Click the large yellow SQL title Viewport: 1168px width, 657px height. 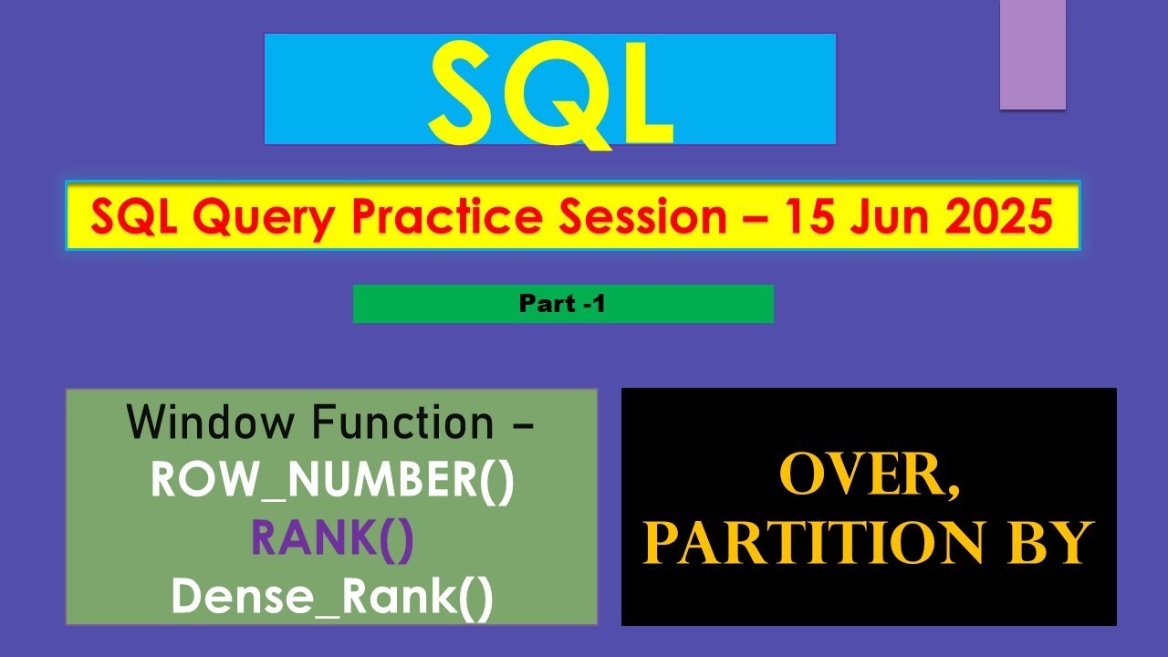tap(551, 94)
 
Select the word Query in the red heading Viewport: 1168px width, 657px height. tap(265, 218)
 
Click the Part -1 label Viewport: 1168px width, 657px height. tap(562, 304)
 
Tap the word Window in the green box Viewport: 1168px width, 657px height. tap(210, 422)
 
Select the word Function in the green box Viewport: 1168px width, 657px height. tap(402, 422)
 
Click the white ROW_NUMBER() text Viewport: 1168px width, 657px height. tap(332, 481)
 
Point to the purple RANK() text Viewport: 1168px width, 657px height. tap(332, 539)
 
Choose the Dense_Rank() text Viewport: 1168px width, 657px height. tap(332, 598)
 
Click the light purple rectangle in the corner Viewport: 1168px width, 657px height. tap(1032, 55)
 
